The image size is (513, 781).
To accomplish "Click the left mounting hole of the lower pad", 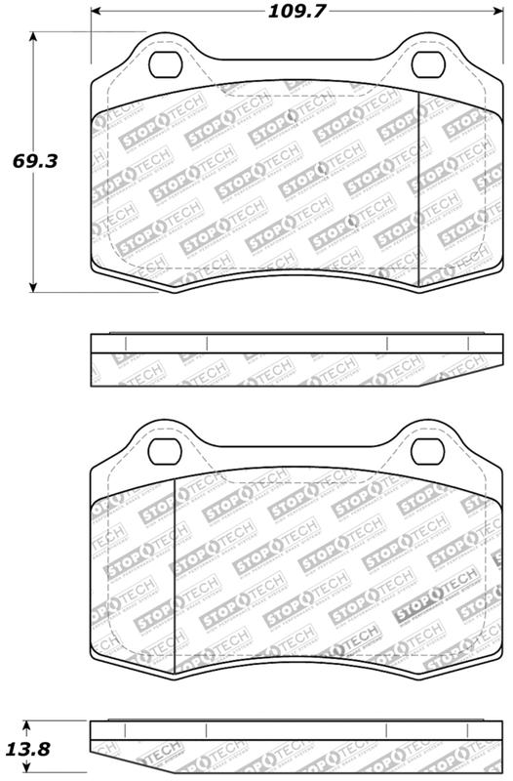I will tap(166, 451).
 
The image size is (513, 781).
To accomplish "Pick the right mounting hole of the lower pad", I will tap(425, 451).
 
